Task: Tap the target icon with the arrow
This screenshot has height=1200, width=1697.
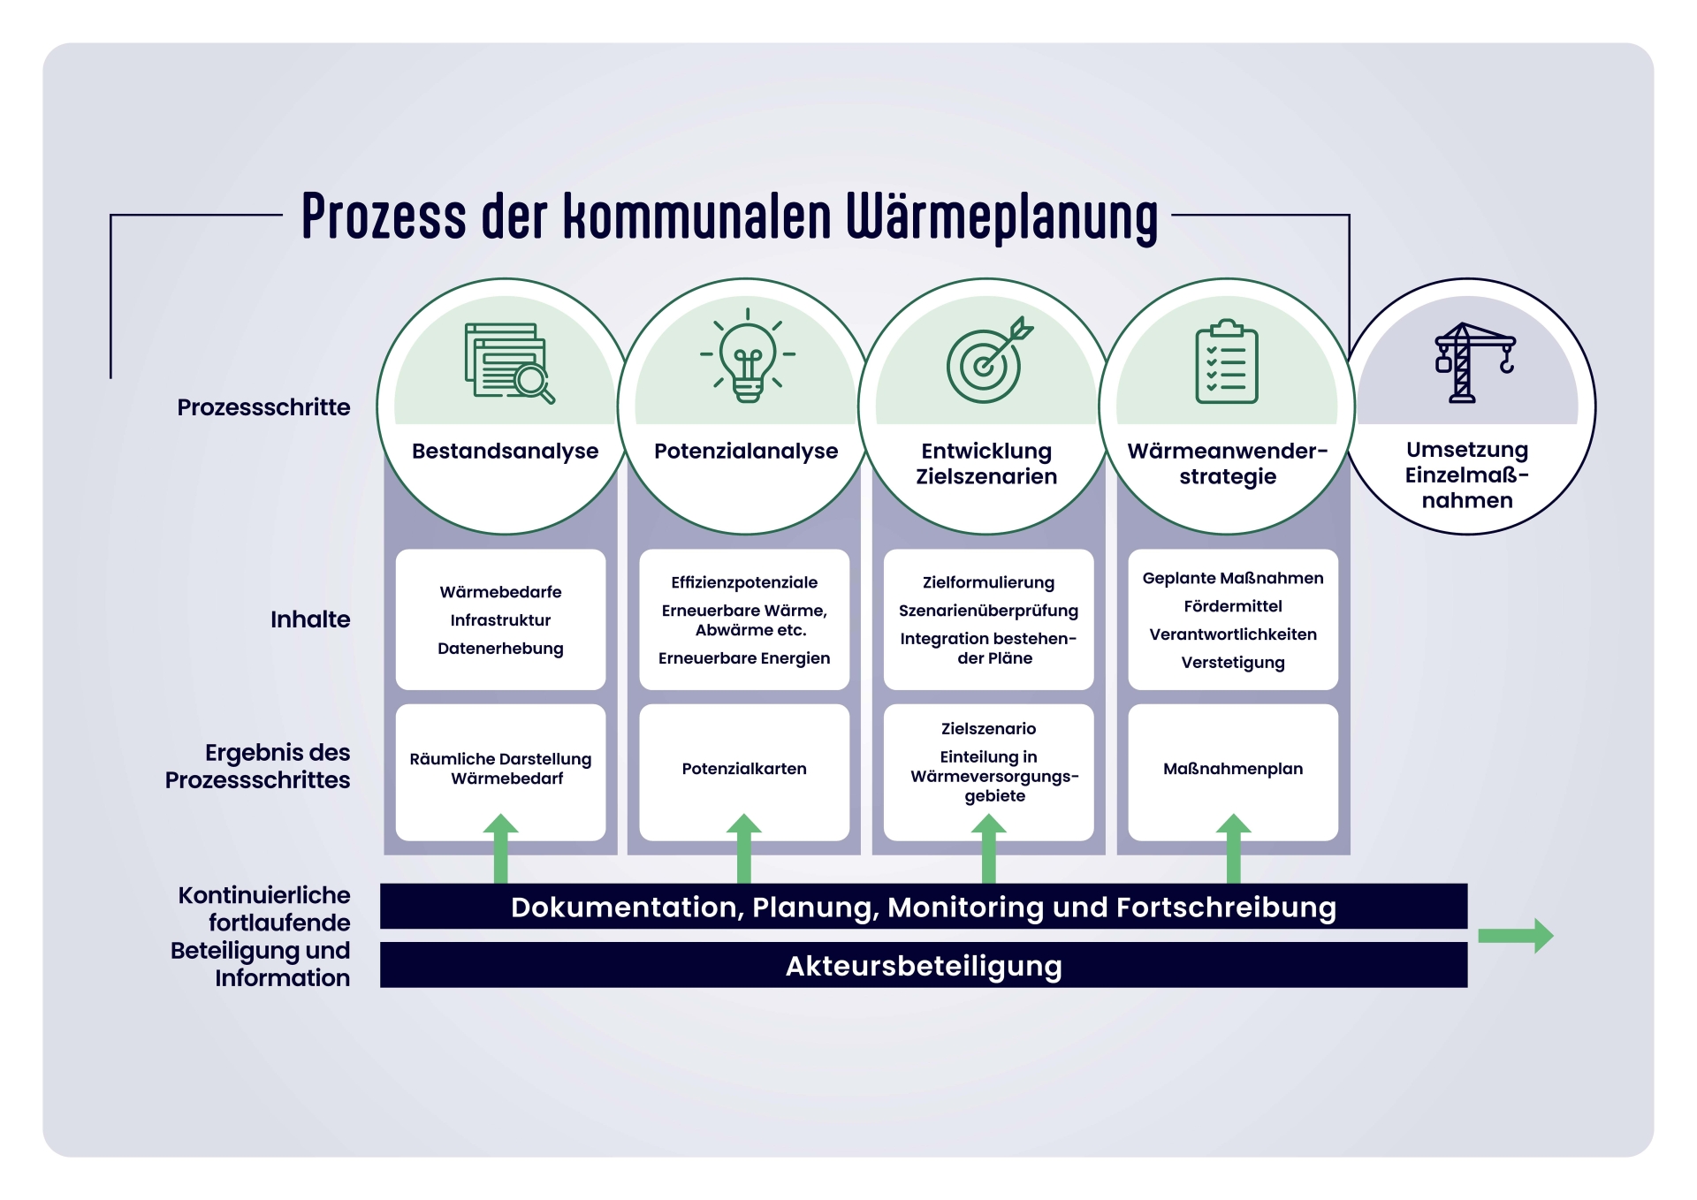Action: click(987, 361)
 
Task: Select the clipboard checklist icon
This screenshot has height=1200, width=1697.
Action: click(1227, 362)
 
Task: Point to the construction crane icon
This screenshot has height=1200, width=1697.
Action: click(1473, 362)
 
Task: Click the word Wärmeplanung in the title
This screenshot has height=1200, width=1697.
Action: click(1001, 216)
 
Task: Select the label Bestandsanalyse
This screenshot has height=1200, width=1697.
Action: click(505, 451)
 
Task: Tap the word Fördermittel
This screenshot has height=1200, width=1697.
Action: click(1233, 606)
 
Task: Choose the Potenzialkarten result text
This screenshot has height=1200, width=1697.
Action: click(744, 769)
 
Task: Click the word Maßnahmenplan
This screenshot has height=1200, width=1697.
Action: click(1233, 769)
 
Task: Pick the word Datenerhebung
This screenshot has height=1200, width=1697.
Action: click(500, 649)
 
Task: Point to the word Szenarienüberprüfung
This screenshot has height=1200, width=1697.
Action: click(988, 611)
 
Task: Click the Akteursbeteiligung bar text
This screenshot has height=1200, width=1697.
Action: click(924, 966)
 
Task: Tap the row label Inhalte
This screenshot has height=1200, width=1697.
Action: click(310, 619)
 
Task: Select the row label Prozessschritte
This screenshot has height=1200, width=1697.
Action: click(263, 407)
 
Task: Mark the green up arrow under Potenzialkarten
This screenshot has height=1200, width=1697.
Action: click(744, 848)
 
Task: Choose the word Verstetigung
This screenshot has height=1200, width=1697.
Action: click(1233, 663)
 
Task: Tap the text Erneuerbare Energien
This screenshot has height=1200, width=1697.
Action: click(744, 658)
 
